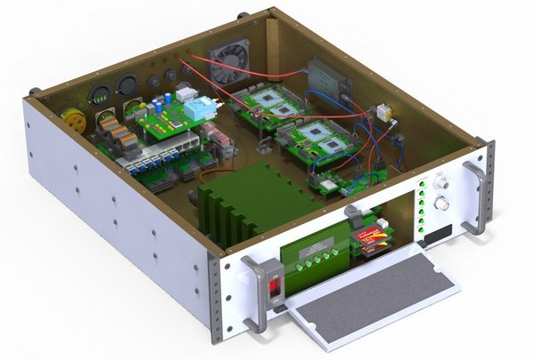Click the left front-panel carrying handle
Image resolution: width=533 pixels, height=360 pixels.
(x=251, y=294)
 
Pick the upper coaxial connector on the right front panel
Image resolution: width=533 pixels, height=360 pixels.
(x=441, y=182)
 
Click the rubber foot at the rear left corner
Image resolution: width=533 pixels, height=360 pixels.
(x=34, y=92)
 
